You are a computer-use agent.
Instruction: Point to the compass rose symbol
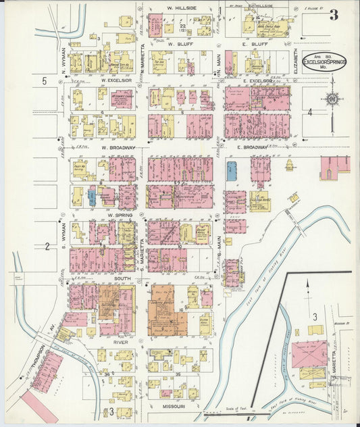click(332, 99)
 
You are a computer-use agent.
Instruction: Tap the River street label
click(120, 343)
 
